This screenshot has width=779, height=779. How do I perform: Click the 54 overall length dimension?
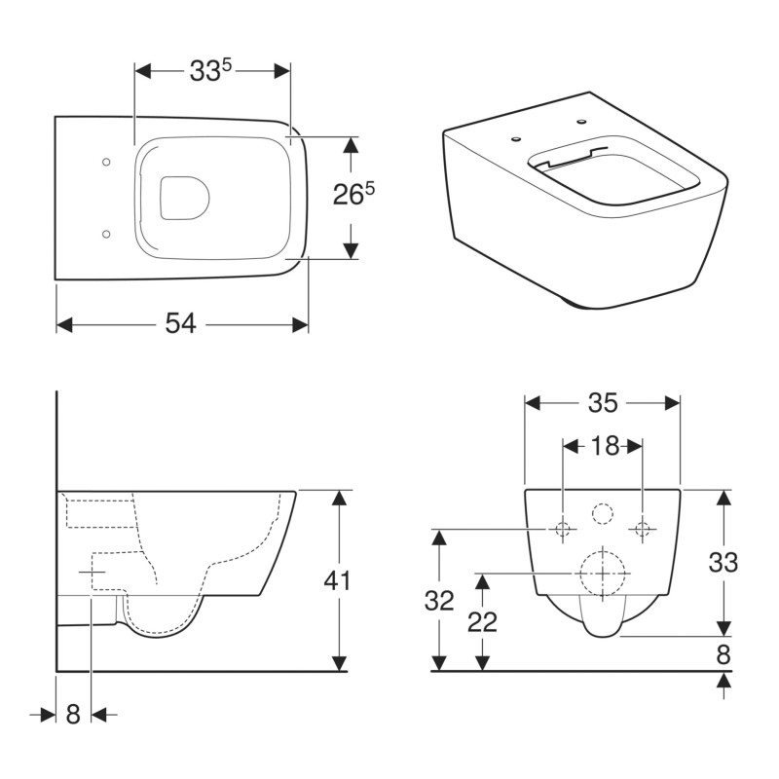coord(180,324)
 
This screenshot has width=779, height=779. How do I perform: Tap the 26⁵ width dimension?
coord(353,194)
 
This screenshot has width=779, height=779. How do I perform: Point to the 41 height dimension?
coord(337,580)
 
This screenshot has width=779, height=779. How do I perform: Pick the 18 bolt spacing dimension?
coord(604,446)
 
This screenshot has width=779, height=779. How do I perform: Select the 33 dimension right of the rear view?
coord(723,562)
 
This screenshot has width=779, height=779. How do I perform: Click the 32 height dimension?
coord(439,601)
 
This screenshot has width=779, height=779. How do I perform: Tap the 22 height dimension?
coord(481,621)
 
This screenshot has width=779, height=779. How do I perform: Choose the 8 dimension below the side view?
coord(72,714)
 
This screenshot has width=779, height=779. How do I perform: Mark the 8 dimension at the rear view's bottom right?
coord(723,654)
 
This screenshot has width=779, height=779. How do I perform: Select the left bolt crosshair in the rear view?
coord(563,530)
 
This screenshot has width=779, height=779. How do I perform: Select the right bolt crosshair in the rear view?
coord(642,530)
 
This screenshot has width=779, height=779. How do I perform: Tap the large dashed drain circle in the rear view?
coord(602,574)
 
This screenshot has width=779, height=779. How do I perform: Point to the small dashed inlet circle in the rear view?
coord(603,514)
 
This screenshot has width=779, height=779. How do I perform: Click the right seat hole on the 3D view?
coord(582,122)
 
